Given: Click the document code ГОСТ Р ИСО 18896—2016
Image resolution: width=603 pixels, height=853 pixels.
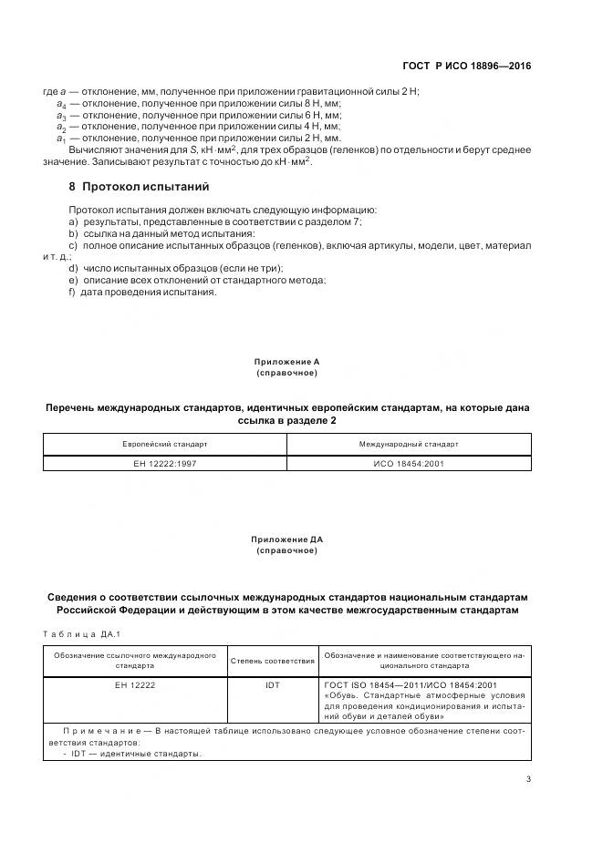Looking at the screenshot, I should point(466,66).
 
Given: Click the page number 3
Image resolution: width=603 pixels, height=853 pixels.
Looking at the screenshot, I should point(528,778).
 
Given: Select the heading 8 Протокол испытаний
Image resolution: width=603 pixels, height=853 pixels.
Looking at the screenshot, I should point(140,187).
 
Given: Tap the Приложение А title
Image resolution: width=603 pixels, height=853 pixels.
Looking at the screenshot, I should point(286,362).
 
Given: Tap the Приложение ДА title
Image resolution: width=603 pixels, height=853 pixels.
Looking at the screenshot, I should point(286,540).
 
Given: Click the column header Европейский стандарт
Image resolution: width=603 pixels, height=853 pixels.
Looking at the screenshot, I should point(165,444).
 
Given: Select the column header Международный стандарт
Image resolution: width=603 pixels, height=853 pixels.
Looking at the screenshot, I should point(409,444).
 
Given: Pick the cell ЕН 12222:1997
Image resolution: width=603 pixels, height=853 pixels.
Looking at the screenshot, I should point(165,464).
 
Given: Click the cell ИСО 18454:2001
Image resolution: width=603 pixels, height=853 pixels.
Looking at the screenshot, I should point(409,464).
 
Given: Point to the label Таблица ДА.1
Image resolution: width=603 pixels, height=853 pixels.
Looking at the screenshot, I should point(82,633).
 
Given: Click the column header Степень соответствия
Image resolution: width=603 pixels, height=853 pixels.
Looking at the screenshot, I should point(273,661).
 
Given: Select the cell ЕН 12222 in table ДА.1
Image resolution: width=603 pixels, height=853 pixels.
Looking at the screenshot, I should point(135,685).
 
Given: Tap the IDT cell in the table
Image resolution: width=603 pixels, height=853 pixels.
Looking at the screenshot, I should point(273,685).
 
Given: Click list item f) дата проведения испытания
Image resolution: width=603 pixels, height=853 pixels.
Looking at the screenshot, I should point(143,292).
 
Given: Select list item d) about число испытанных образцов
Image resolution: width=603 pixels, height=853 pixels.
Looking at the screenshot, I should point(175,268).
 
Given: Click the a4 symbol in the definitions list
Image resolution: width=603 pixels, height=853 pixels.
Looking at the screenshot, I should point(61,105).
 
